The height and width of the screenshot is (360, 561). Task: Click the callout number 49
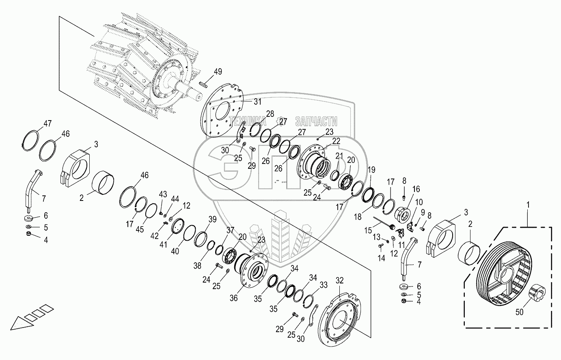218,72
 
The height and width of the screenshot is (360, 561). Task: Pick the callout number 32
339,280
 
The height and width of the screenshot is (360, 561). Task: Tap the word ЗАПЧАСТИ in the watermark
316,121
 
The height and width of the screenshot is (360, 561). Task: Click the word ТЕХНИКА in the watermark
248,121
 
